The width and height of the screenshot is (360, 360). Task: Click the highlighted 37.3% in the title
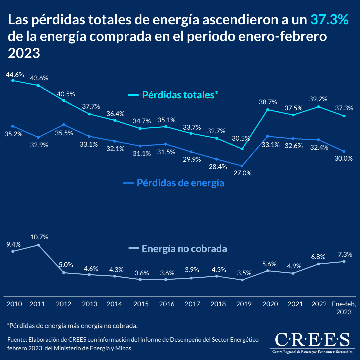(x=329, y=20)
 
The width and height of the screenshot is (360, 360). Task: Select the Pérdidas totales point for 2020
(x=267, y=110)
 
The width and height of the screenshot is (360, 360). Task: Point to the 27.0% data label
(x=243, y=173)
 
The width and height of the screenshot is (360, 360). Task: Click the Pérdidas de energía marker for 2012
(x=64, y=125)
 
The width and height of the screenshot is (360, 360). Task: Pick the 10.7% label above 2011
(x=39, y=237)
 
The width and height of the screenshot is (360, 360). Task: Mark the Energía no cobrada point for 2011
(x=38, y=245)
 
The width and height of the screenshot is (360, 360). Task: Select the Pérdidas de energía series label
(x=180, y=183)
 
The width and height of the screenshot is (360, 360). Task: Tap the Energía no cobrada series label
(x=184, y=249)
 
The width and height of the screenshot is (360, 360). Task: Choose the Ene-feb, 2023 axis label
(x=344, y=308)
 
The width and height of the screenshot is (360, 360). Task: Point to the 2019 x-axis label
(x=244, y=304)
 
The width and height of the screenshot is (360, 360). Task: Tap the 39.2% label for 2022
(x=319, y=99)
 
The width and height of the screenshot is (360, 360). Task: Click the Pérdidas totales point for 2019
(x=242, y=149)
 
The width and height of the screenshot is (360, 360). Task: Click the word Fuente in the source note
(x=17, y=340)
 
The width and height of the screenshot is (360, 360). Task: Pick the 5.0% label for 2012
(x=66, y=265)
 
